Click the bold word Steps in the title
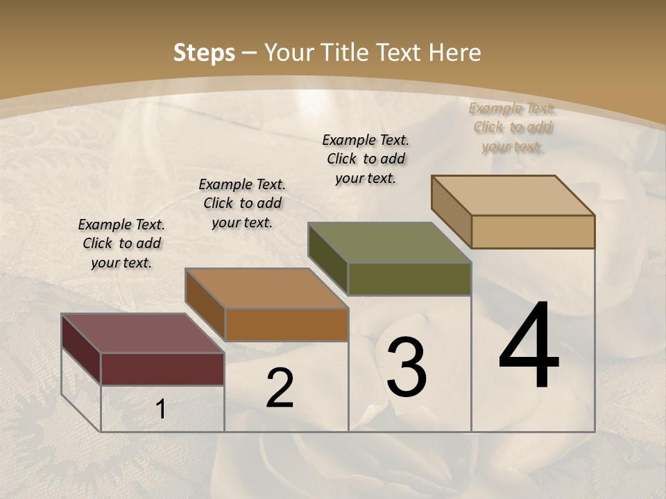(203, 53)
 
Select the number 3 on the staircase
(406, 367)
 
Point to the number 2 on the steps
(280, 389)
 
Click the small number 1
(160, 410)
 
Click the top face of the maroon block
(142, 333)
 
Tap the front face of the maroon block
(162, 369)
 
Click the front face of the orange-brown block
(286, 324)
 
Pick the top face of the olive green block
(389, 243)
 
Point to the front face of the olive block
(409, 279)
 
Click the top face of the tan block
(513, 195)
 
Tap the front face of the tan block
(533, 231)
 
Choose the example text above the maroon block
(121, 243)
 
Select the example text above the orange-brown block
(242, 203)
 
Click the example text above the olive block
(366, 159)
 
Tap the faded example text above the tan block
(512, 127)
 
